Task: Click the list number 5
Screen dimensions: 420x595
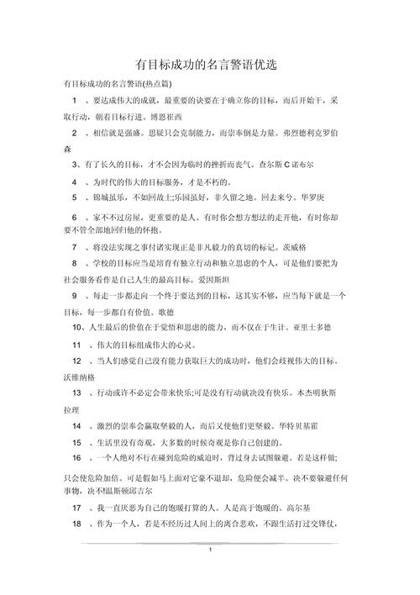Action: [75, 197]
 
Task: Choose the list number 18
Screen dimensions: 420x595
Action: [76, 524]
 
